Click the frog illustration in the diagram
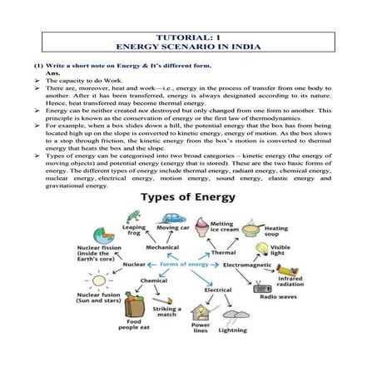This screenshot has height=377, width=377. point(132,218)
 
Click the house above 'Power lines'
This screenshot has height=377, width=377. point(201,313)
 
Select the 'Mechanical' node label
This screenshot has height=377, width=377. point(161,247)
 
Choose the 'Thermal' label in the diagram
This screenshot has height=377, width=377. point(223,251)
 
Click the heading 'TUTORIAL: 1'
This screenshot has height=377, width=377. point(188,38)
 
